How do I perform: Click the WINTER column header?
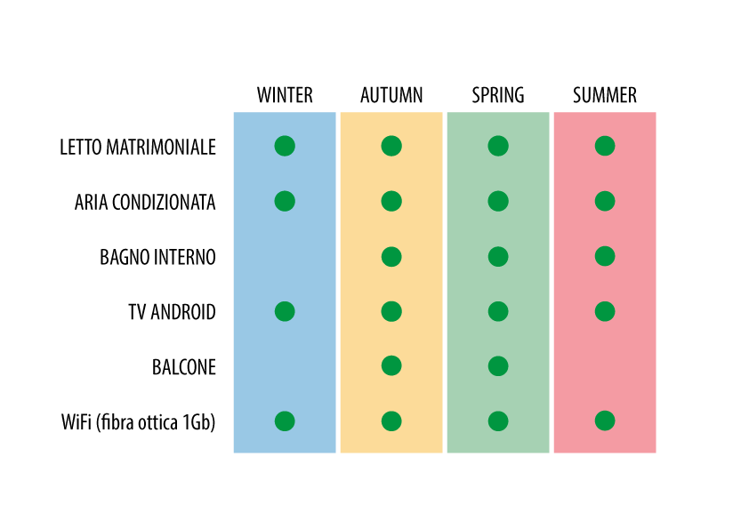tap(285, 95)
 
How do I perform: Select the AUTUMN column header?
tap(391, 95)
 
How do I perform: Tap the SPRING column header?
tap(498, 95)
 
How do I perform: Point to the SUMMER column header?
tap(605, 95)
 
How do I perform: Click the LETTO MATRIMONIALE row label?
tap(138, 147)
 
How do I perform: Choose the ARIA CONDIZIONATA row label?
tap(145, 203)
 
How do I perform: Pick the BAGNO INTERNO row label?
tap(157, 257)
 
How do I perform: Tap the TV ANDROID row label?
tap(172, 312)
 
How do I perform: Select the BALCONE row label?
tap(184, 367)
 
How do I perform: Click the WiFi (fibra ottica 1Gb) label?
tap(138, 422)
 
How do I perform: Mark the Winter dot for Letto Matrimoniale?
tap(285, 146)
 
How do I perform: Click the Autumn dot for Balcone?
tap(391, 366)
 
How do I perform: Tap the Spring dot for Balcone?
tap(498, 366)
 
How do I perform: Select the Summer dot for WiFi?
tap(605, 421)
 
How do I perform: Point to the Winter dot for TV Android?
tap(285, 311)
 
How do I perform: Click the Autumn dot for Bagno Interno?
tap(391, 256)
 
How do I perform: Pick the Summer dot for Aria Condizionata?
tap(605, 201)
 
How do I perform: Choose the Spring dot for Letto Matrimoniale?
tap(498, 146)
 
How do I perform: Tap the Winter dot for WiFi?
tap(285, 421)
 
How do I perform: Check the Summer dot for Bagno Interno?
tap(605, 256)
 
